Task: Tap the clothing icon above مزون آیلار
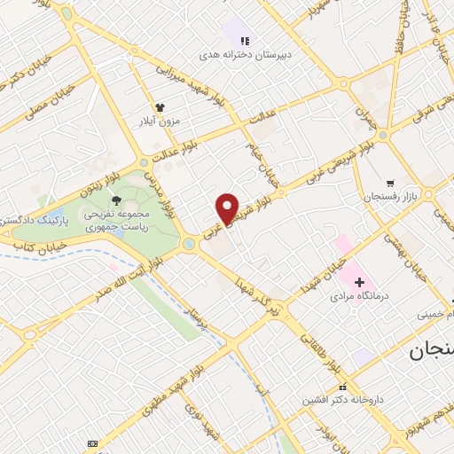pos(160,105)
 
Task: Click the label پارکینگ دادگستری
pos(28,218)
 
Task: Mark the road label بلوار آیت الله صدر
pos(127,272)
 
